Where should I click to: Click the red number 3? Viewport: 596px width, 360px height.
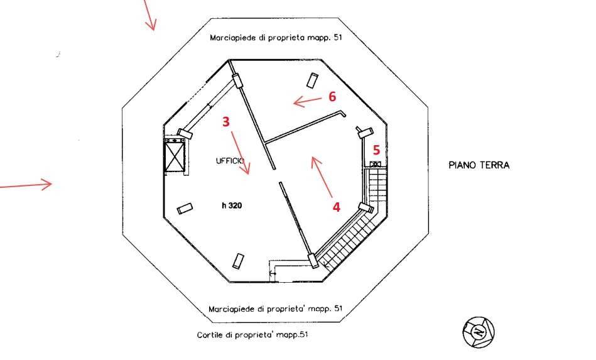tap(226, 122)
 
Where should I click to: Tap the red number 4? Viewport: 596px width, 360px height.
tap(337, 207)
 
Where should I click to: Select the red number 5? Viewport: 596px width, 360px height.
tap(376, 150)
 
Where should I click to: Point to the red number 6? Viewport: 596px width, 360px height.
tap(332, 96)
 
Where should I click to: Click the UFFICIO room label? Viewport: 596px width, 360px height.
tap(230, 161)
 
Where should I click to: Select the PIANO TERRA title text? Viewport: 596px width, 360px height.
tap(479, 165)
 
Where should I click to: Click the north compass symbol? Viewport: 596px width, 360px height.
tap(479, 332)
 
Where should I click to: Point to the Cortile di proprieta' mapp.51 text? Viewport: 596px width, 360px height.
tap(252, 334)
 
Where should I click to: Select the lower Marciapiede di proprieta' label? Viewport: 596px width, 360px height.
tap(276, 308)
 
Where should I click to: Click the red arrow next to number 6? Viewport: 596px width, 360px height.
tap(307, 99)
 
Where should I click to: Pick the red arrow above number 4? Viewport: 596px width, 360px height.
tap(322, 176)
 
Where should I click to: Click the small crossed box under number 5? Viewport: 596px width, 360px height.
tap(376, 165)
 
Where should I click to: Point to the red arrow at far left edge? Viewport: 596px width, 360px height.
tap(25, 185)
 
